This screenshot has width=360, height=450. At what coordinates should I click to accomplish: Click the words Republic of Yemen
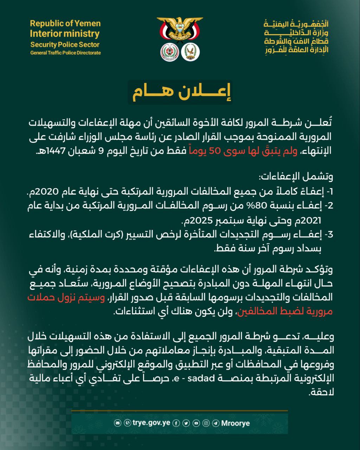pos(65,24)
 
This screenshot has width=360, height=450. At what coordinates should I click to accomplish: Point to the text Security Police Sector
pos(65,45)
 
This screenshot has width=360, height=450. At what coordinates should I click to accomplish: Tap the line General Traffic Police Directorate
pos(65,53)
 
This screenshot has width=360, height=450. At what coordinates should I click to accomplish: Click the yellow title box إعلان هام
pos(180,92)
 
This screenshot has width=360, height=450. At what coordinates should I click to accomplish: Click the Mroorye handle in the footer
pos(236,423)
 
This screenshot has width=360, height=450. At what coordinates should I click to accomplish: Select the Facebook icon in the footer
pos(176,423)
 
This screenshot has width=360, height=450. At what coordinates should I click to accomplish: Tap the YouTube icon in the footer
pos(196,423)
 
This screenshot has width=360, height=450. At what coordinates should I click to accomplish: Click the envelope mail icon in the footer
pos(117,423)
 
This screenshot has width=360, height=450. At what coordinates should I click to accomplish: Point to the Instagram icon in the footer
pos(206,423)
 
